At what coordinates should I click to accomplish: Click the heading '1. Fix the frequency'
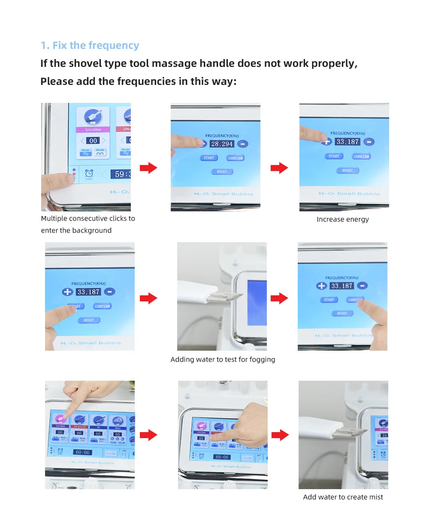(x=90, y=45)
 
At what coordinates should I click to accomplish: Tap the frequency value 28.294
(x=222, y=144)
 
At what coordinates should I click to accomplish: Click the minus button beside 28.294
(x=242, y=144)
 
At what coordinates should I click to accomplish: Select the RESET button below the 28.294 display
(x=222, y=171)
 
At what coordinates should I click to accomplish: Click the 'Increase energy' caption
(x=342, y=219)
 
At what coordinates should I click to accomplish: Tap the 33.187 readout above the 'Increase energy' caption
(x=347, y=141)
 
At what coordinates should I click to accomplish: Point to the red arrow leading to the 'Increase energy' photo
(x=279, y=168)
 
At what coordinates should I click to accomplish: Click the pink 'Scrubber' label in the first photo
(x=93, y=129)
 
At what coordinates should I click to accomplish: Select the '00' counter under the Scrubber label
(x=93, y=141)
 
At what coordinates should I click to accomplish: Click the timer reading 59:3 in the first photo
(x=121, y=174)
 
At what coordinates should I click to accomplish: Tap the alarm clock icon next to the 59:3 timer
(x=89, y=174)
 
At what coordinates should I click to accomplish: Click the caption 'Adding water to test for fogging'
(x=223, y=360)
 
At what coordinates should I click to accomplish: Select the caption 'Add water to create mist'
(x=343, y=497)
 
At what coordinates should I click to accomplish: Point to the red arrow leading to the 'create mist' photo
(x=280, y=435)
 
